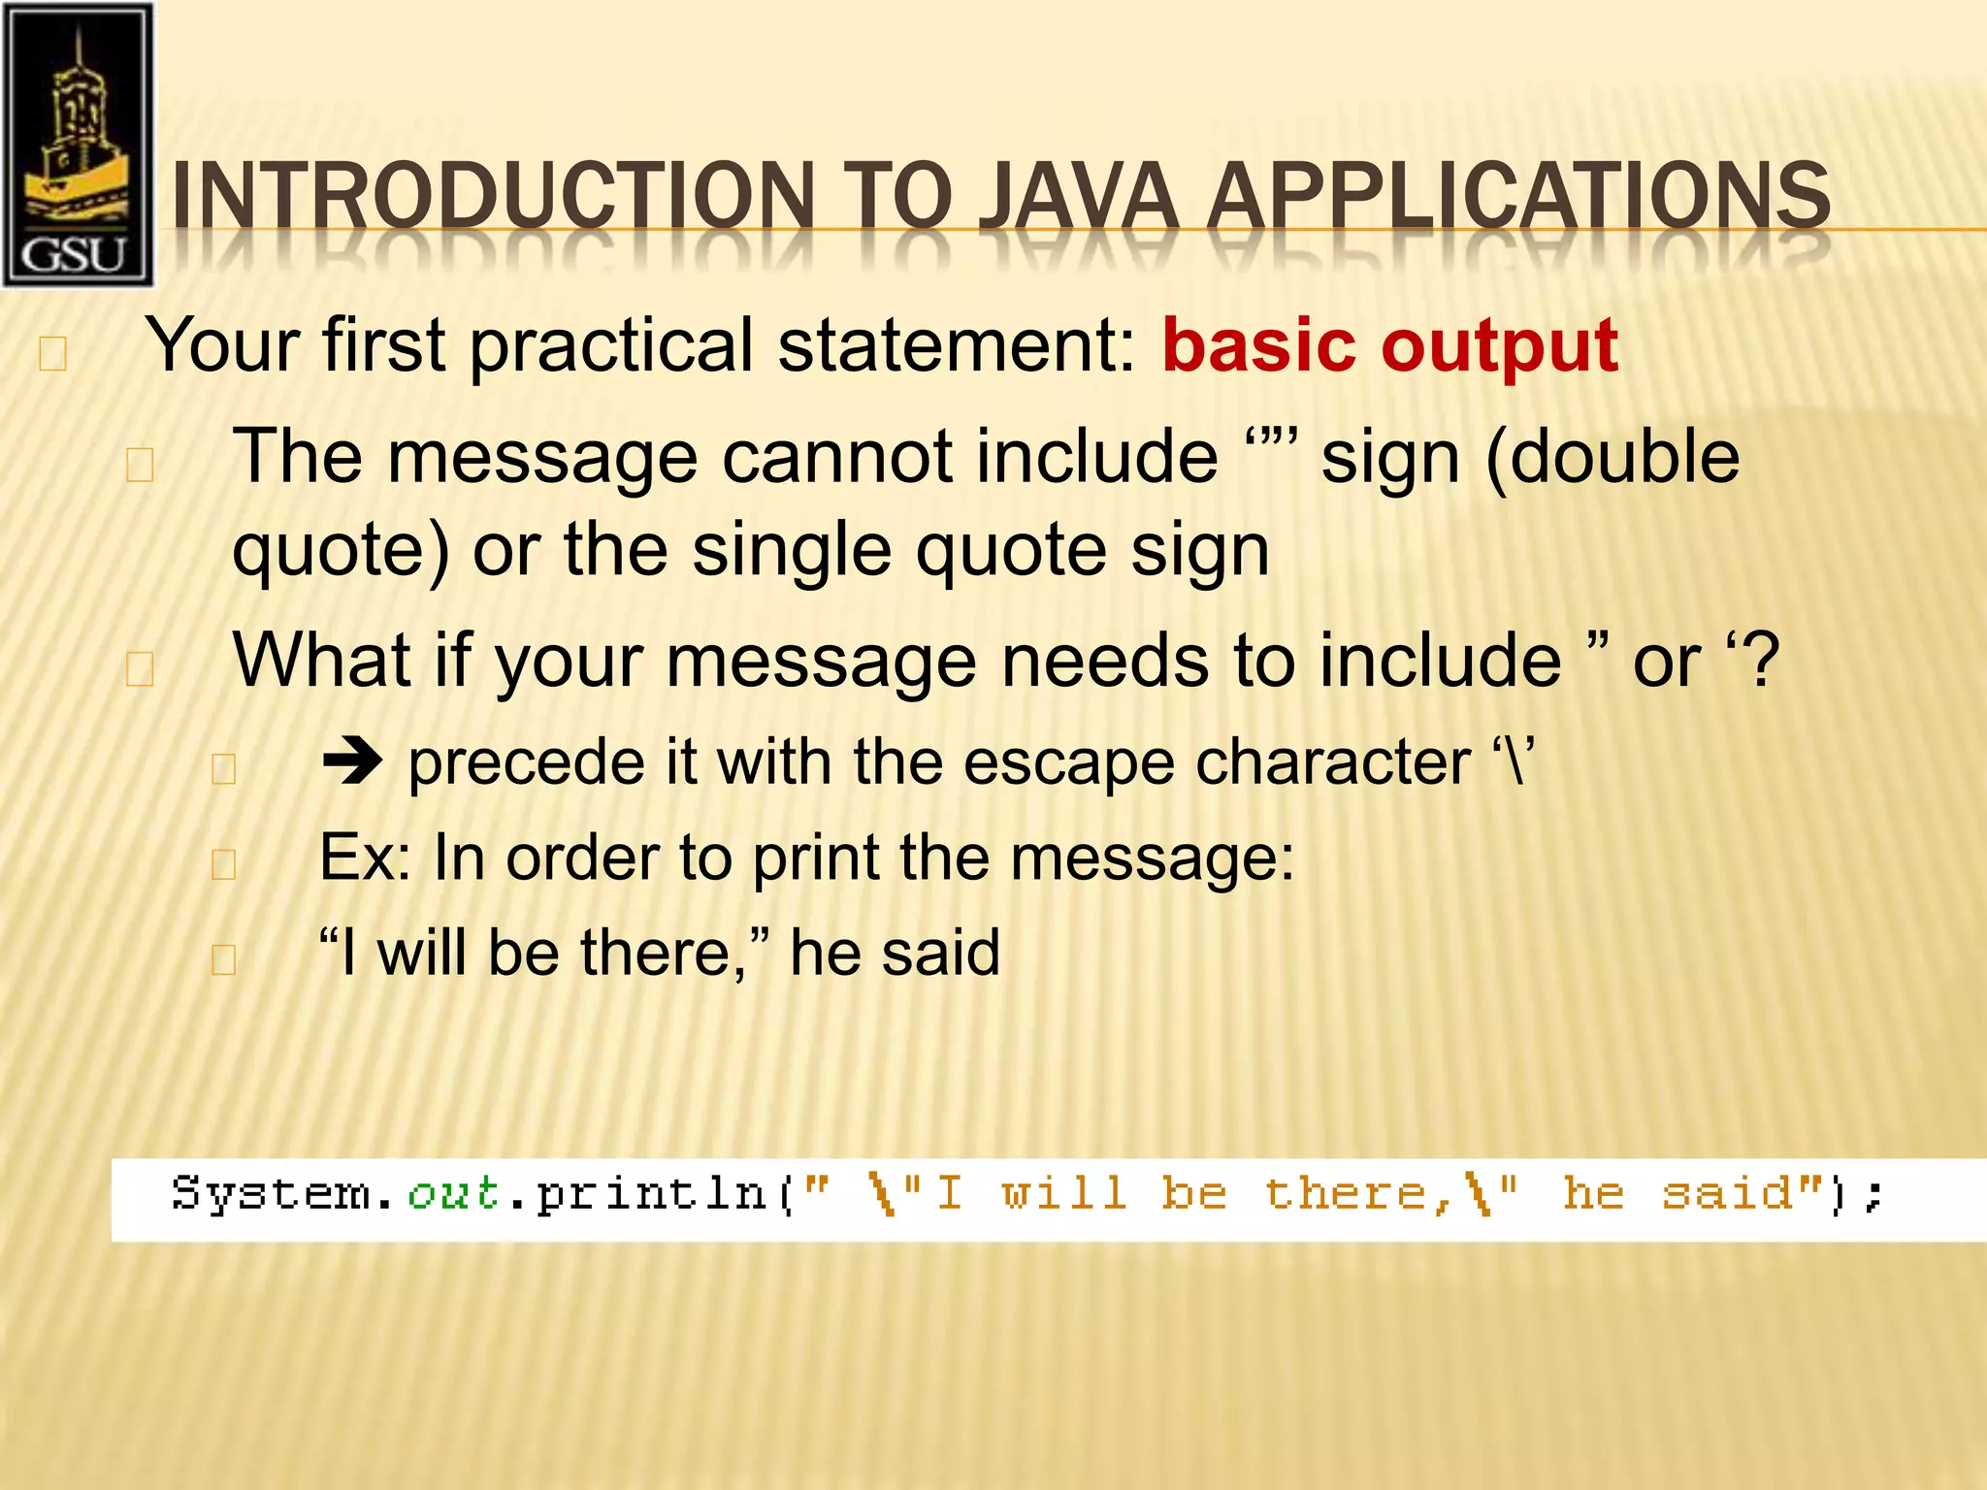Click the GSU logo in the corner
(78, 146)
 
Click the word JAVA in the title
(1078, 196)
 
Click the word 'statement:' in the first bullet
(956, 345)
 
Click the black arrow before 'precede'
(352, 762)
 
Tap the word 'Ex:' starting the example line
(366, 858)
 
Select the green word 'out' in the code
(453, 1193)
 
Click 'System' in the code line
(271, 1194)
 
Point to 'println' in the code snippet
(652, 1194)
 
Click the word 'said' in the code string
(1727, 1194)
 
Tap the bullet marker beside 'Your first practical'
(52, 354)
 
